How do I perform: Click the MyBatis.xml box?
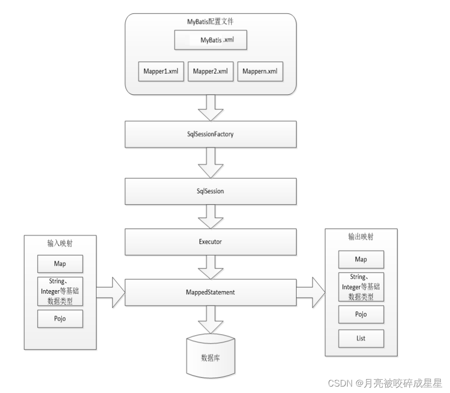(210, 40)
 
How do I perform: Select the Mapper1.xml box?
(161, 71)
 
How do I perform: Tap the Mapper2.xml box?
(210, 71)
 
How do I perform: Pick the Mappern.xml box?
(260, 71)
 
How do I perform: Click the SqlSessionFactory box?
(210, 134)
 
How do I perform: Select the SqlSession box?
(210, 191)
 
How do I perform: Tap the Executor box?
(210, 242)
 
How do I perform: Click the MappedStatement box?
(210, 292)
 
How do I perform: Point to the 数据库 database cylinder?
(211, 356)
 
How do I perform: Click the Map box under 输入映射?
(60, 263)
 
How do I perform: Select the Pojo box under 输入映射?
(60, 319)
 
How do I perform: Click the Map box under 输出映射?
(361, 260)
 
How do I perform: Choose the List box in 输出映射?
(361, 339)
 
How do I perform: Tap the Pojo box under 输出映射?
(361, 314)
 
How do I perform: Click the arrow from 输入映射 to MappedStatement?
(111, 293)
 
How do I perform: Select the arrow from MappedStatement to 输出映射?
(311, 293)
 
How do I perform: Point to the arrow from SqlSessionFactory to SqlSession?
(211, 163)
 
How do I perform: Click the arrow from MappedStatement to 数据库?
(211, 319)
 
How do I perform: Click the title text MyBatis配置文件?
(210, 22)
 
